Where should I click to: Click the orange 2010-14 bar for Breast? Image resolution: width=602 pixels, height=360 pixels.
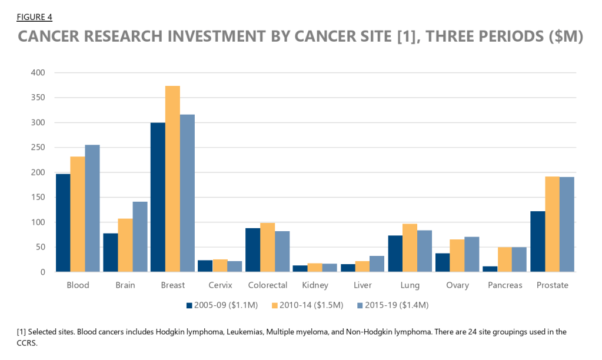click(x=172, y=179)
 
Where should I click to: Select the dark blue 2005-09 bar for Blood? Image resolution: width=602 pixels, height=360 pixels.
click(x=63, y=223)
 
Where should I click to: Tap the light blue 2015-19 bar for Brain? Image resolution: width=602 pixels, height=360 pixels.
click(x=140, y=236)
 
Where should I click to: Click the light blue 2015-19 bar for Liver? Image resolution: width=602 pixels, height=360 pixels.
click(x=377, y=264)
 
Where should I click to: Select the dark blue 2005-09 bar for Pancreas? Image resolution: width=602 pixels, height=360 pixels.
click(x=490, y=269)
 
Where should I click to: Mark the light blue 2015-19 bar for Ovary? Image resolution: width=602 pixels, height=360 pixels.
click(x=472, y=254)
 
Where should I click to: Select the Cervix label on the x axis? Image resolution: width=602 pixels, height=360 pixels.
click(x=220, y=285)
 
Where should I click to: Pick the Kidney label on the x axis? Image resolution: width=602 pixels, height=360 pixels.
click(x=315, y=285)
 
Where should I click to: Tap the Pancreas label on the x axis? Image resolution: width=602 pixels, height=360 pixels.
click(x=505, y=285)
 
